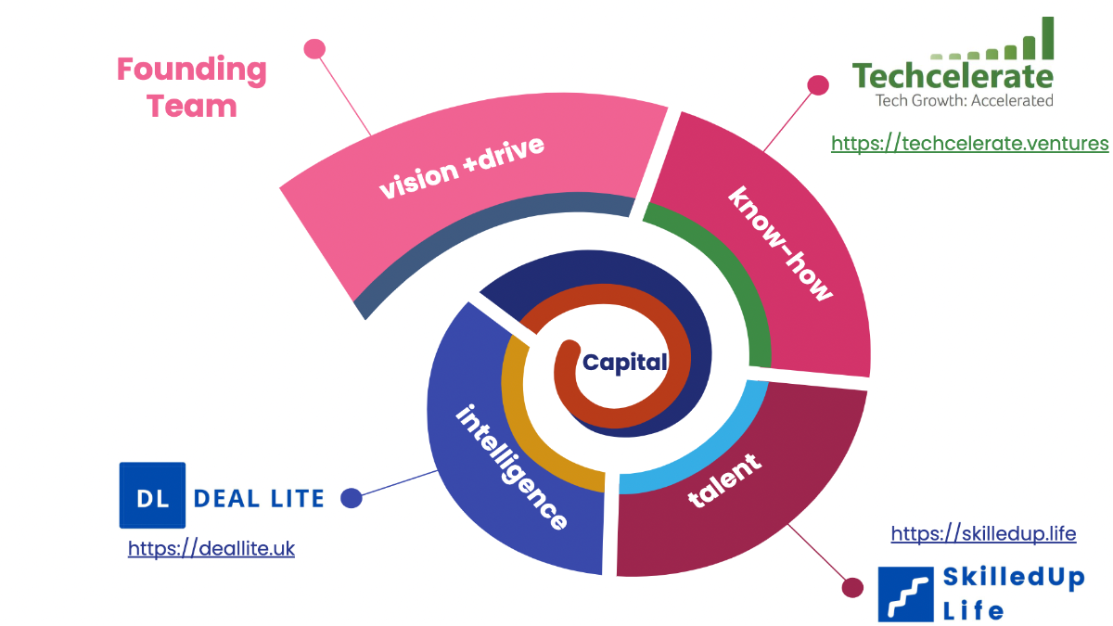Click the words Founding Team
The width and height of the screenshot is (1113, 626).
point(192,87)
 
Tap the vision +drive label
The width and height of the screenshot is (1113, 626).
point(461,168)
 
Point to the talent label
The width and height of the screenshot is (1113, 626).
point(724,479)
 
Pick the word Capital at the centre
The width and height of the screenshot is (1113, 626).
point(624,363)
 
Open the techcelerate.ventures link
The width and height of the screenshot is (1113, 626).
point(969,143)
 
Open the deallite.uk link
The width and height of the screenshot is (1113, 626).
point(211,548)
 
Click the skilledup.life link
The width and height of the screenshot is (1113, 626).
point(983,533)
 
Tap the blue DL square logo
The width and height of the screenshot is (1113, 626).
point(152,495)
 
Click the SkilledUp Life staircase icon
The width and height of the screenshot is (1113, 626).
point(904,594)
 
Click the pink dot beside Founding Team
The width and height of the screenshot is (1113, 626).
point(314,48)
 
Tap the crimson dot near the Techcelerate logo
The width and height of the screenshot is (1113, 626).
point(818,85)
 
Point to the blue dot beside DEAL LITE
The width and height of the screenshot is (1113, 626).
point(352,498)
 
